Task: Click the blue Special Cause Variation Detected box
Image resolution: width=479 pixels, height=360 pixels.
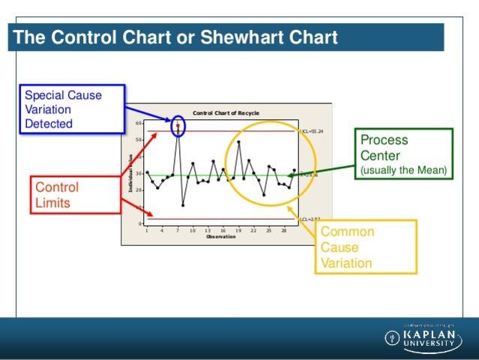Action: click(70, 109)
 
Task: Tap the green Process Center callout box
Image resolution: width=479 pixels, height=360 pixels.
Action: click(404, 154)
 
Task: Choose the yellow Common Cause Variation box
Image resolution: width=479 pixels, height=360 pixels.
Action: click(364, 247)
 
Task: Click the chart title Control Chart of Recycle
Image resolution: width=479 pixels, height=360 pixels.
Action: click(226, 112)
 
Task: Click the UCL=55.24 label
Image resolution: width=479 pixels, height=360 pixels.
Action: click(311, 131)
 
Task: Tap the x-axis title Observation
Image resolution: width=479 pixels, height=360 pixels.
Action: click(220, 237)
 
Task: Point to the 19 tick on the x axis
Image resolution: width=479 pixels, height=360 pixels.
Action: click(238, 230)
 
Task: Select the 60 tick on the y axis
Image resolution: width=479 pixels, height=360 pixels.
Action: click(139, 122)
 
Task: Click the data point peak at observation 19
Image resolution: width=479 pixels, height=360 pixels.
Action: click(238, 142)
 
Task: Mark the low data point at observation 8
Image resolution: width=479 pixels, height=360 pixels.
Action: click(183, 205)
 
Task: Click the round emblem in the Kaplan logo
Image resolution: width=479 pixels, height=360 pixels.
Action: click(392, 337)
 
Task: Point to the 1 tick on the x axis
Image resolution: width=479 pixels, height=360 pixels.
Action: click(147, 230)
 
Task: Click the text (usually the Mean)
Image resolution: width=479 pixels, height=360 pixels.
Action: click(403, 171)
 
